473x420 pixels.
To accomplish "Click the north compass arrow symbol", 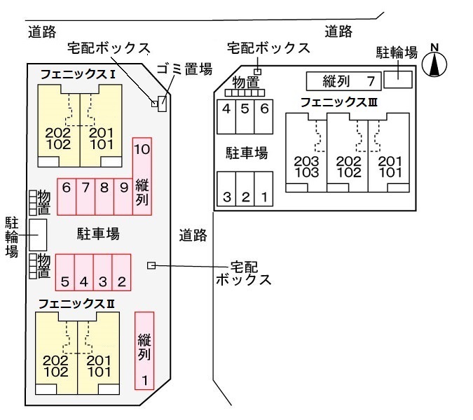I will click(x=436, y=64).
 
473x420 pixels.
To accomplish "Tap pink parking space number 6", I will click(x=67, y=195).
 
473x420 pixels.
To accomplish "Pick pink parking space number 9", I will click(x=123, y=195).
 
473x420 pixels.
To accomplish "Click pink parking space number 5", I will click(x=64, y=273).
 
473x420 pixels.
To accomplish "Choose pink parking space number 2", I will click(x=121, y=273).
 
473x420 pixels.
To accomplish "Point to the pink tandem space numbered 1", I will click(x=144, y=350).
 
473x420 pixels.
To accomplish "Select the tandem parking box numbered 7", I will click(x=343, y=80).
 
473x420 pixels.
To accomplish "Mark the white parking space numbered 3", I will click(x=226, y=188).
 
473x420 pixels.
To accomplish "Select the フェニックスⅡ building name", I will click(x=76, y=303).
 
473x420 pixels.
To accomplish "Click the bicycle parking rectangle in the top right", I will click(x=399, y=76).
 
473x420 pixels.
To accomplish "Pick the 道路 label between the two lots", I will click(x=193, y=235).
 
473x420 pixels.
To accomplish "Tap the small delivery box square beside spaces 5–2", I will click(x=151, y=265).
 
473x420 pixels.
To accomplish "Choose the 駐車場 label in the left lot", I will click(x=98, y=233).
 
